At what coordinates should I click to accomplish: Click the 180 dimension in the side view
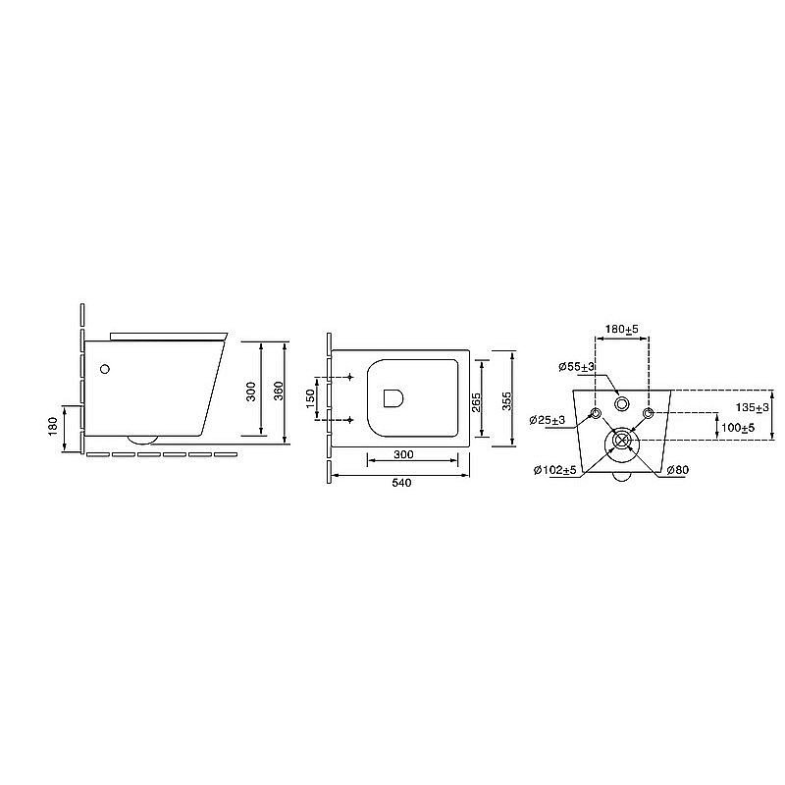53,427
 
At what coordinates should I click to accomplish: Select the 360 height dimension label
279,391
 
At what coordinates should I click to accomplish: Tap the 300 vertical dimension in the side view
251,392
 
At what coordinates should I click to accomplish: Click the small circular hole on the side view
105,369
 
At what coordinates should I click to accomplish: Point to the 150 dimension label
310,398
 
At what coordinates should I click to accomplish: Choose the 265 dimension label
476,402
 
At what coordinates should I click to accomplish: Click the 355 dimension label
507,401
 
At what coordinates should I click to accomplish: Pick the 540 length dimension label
402,483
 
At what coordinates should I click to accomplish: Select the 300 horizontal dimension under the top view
404,454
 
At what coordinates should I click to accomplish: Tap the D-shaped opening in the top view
393,398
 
